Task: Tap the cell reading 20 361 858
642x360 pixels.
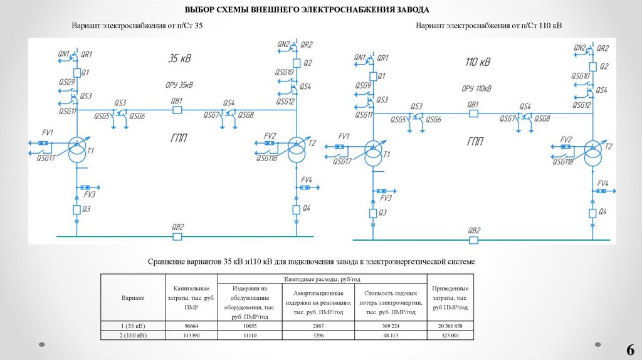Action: tap(450, 326)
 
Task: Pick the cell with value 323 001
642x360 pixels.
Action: tap(450, 336)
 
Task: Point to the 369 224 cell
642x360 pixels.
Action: tap(391, 326)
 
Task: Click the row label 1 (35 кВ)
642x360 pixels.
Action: tap(132, 326)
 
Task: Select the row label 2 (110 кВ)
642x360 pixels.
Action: tap(132, 336)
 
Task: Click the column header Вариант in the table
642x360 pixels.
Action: tap(132, 298)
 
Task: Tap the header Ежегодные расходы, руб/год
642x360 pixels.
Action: tap(323, 278)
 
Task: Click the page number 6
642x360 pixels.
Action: tap(629, 349)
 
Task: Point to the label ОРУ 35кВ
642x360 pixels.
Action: tap(178, 85)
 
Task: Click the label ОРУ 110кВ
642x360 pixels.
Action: tap(476, 88)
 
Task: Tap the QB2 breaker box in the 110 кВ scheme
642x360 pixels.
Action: tap(475, 240)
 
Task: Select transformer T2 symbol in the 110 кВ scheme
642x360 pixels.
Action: tap(592, 151)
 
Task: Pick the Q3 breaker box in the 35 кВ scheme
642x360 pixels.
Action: tap(77, 209)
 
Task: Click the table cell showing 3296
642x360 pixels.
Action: tap(318, 336)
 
